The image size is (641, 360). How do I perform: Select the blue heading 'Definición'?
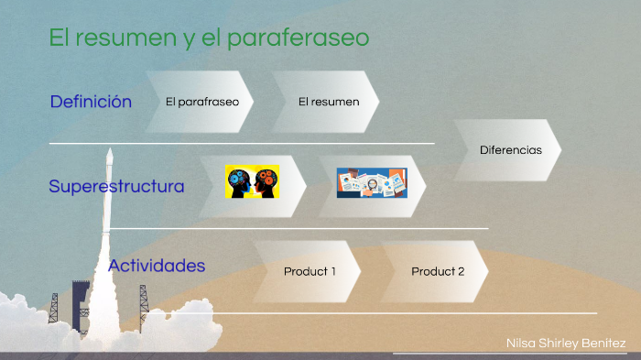[91, 102]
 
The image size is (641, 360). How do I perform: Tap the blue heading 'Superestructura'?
[116, 187]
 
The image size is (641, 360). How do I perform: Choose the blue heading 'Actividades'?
[157, 267]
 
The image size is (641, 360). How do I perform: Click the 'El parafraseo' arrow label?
[202, 102]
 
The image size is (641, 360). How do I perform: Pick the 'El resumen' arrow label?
[329, 102]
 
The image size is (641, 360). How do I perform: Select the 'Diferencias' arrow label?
[510, 149]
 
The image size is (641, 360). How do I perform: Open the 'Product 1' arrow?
[310, 271]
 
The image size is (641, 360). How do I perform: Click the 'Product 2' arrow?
[438, 271]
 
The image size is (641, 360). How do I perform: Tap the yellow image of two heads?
[253, 180]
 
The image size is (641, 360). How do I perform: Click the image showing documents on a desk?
[371, 182]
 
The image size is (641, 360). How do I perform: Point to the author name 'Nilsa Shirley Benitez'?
[566, 344]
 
